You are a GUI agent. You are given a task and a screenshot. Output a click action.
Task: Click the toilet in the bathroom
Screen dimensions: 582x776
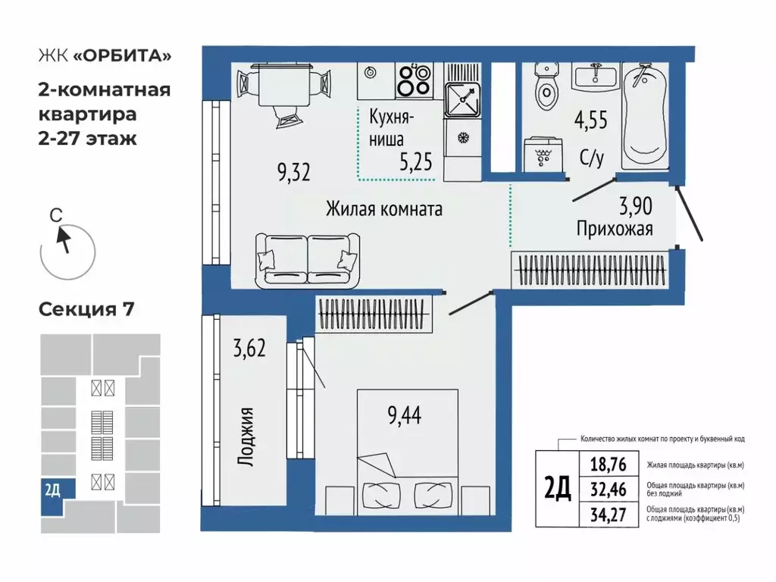tap(545, 87)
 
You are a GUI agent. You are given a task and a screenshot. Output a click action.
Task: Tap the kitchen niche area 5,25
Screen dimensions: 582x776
tap(412, 161)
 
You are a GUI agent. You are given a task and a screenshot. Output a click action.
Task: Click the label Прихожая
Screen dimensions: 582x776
tap(614, 228)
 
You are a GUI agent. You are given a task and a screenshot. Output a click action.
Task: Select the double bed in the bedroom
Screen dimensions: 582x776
tap(408, 451)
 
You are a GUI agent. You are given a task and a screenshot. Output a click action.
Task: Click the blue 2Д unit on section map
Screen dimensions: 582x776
tap(52, 490)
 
